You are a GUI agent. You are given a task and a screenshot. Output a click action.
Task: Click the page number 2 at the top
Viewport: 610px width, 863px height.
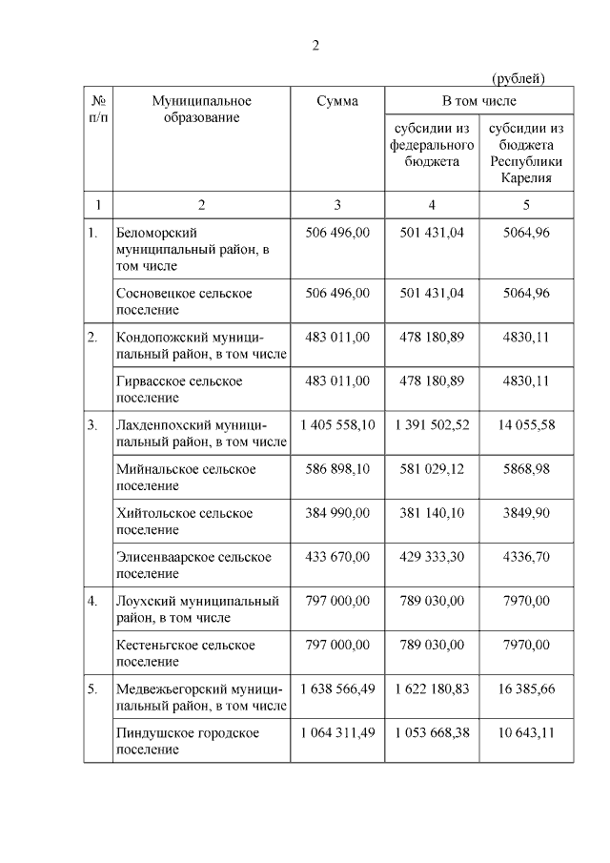pyautogui.click(x=315, y=45)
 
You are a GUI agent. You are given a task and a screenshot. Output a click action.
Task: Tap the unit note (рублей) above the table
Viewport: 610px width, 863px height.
pyautogui.click(x=518, y=77)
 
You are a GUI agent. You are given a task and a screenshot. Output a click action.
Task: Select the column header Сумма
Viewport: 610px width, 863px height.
pyautogui.click(x=337, y=101)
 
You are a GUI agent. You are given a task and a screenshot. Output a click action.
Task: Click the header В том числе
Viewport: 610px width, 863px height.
pyautogui.click(x=478, y=100)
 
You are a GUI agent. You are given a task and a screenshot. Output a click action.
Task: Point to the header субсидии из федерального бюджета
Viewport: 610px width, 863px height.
pyautogui.click(x=432, y=145)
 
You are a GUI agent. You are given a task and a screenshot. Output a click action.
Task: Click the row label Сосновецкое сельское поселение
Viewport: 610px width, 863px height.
pyautogui.click(x=184, y=301)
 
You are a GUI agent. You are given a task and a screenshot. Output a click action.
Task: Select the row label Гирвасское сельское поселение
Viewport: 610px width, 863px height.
pyautogui.click(x=179, y=389)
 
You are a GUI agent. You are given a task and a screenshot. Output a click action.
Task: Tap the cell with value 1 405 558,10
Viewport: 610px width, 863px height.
pyautogui.click(x=337, y=425)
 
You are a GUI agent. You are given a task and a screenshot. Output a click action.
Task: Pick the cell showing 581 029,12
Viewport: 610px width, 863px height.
pyautogui.click(x=432, y=469)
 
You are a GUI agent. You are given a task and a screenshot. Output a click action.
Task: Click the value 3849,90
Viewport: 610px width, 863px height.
pyautogui.click(x=526, y=513)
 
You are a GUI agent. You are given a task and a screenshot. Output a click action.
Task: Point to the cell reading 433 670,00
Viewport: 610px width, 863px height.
pyautogui.click(x=337, y=557)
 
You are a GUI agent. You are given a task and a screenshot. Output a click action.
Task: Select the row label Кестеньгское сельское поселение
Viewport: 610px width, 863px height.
pyautogui.click(x=186, y=653)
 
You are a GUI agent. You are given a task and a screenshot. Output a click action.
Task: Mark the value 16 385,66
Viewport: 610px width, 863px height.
pyautogui.click(x=526, y=688)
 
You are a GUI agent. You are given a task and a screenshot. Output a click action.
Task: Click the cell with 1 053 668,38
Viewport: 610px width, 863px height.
pyautogui.click(x=432, y=732)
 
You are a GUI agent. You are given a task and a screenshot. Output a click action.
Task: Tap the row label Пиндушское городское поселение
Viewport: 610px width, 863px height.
pyautogui.click(x=187, y=741)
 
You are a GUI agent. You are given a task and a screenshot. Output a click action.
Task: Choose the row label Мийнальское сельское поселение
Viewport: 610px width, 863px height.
pyautogui.click(x=186, y=478)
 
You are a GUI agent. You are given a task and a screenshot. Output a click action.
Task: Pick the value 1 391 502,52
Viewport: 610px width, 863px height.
pyautogui.click(x=432, y=425)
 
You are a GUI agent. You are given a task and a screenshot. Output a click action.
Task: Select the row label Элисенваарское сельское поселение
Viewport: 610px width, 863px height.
pyautogui.click(x=193, y=565)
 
